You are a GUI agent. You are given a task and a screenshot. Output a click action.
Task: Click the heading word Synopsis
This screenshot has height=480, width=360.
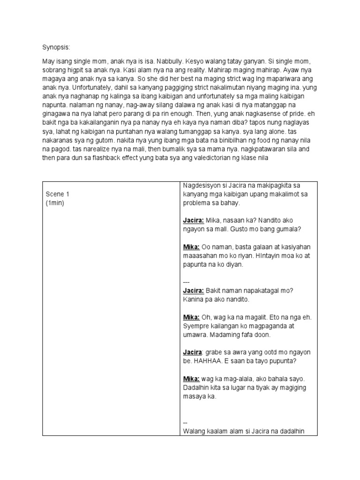click(56, 47)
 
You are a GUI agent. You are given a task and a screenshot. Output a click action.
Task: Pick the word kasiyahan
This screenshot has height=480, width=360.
click(295, 247)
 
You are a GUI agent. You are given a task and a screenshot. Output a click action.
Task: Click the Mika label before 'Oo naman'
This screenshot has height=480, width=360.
click(191, 247)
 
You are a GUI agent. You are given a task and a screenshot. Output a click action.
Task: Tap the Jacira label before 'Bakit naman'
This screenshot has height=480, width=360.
click(193, 290)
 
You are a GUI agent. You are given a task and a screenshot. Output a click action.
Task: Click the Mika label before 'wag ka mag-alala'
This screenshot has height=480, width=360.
click(191, 378)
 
